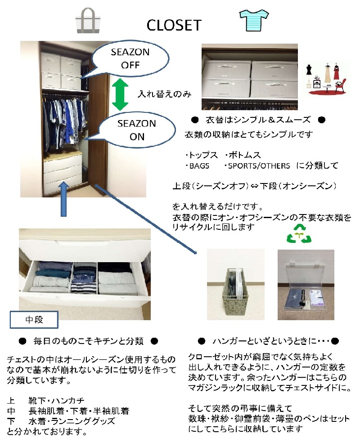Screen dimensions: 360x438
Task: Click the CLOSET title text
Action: (174, 25)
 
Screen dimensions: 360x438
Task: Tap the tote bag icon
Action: (88, 21)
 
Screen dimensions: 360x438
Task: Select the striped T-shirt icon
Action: (254, 20)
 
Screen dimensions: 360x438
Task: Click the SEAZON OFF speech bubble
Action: (130, 59)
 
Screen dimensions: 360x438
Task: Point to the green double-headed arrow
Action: (120, 94)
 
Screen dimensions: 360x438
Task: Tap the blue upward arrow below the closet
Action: (64, 199)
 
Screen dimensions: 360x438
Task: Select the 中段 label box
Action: (34, 320)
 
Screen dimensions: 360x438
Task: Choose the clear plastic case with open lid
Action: (306, 288)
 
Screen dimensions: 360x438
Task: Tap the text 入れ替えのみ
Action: (164, 94)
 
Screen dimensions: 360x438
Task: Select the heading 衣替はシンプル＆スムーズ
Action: (258, 120)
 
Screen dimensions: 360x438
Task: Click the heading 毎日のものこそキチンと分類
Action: (88, 341)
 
